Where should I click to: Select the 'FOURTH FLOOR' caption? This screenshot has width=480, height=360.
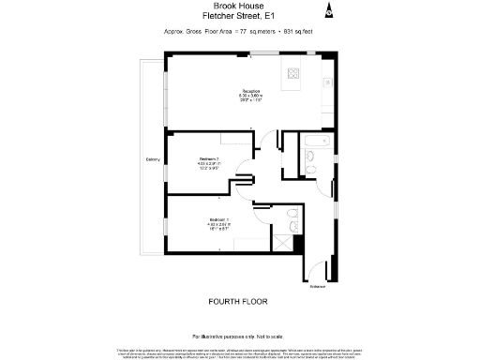click(x=238, y=302)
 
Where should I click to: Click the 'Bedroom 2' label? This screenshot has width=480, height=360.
click(x=209, y=159)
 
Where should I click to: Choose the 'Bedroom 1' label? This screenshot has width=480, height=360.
click(x=217, y=218)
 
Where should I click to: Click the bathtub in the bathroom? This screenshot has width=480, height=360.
click(x=310, y=143)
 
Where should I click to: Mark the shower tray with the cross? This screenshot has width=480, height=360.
click(x=278, y=241)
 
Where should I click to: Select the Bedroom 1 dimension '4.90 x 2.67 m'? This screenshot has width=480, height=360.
click(x=217, y=224)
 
